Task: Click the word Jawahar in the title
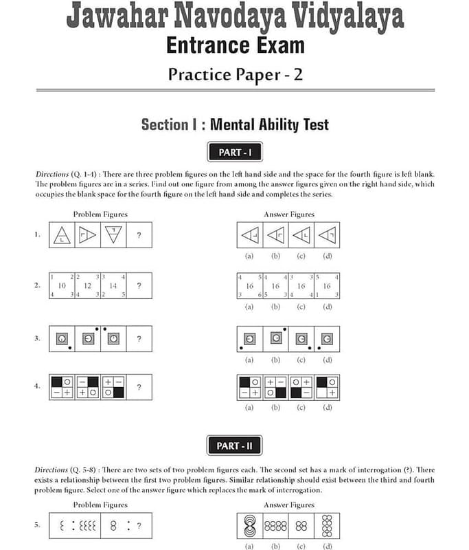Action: coord(117,16)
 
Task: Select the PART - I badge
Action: coord(235,152)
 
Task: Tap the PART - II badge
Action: coord(234,445)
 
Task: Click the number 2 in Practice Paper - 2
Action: coord(298,74)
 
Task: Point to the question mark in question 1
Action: coord(139,235)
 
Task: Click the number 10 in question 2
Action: coord(62,286)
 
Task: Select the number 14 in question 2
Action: coord(113,286)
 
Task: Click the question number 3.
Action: coord(37,338)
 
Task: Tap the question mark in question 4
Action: coord(139,387)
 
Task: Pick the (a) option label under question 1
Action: coord(249,256)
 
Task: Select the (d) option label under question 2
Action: coord(327,307)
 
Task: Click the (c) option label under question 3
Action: coord(301,360)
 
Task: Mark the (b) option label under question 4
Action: coord(275,407)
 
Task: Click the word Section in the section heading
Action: coord(165,124)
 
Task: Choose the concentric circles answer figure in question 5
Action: coord(250,526)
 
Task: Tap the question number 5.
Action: coord(37,525)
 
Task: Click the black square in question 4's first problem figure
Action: coord(57,382)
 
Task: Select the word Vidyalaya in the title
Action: coord(348,16)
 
